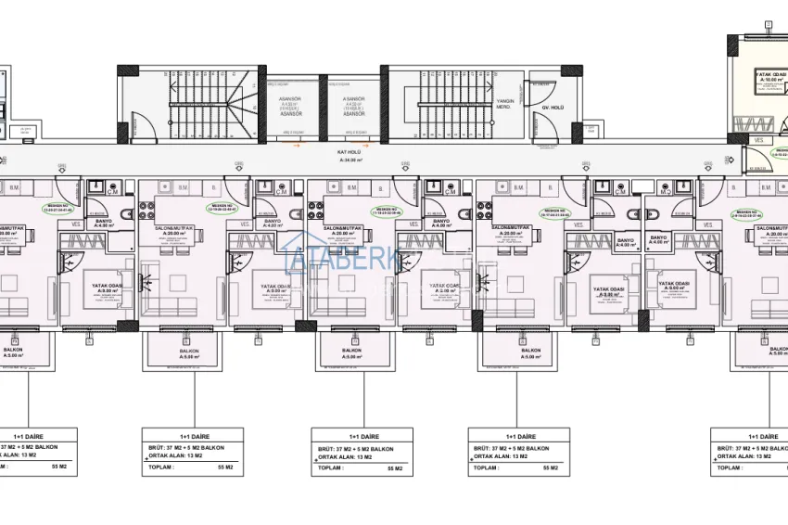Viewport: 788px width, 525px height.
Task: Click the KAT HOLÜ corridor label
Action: tap(348, 151)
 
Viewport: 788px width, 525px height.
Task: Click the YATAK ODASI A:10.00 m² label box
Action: tap(770, 77)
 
